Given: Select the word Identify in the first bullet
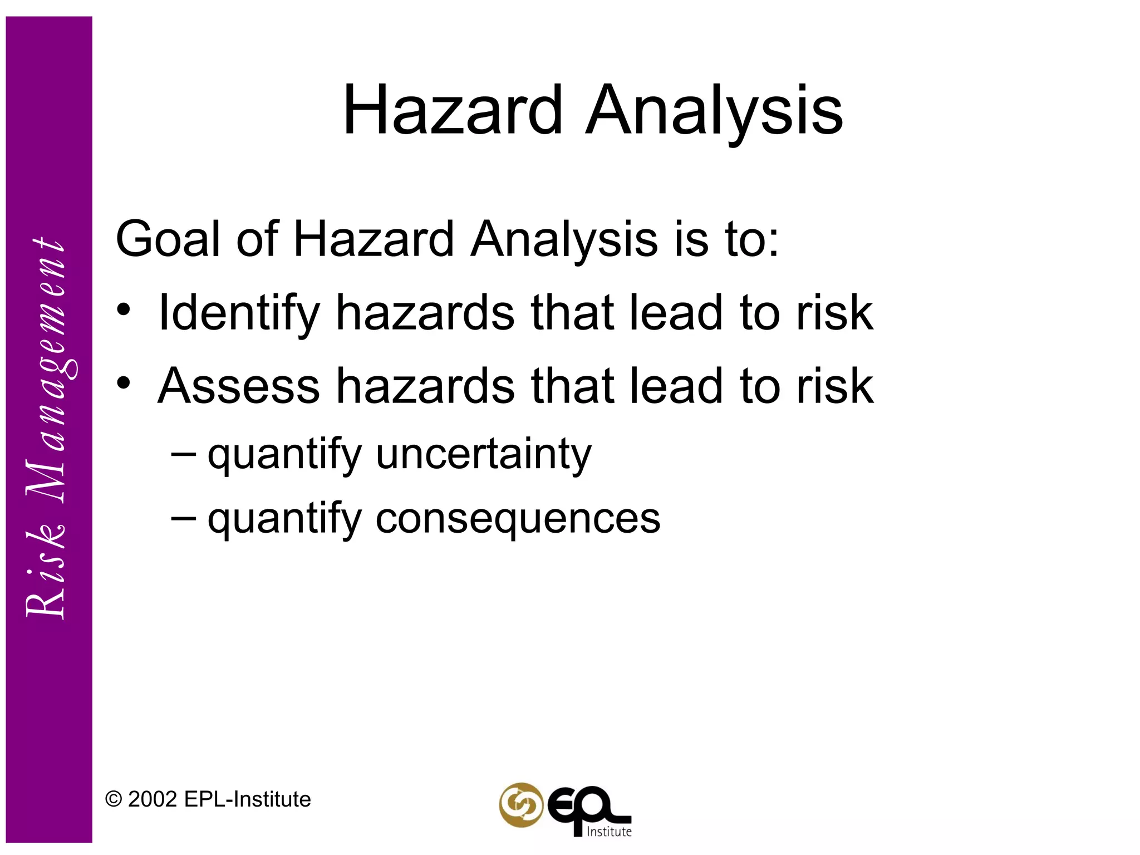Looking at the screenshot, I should (239, 313).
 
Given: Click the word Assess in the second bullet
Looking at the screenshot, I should (239, 386).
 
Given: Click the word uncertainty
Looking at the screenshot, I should (483, 454).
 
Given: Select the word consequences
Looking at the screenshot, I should (518, 518).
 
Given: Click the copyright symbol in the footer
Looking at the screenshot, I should (114, 800).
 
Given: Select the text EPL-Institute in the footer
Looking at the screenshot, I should (247, 799).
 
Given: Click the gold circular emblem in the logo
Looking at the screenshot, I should (520, 805).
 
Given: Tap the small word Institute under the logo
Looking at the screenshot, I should (609, 832).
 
